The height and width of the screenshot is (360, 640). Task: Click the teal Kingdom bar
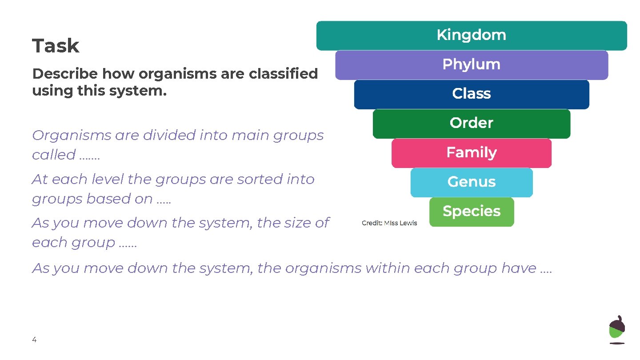(x=472, y=36)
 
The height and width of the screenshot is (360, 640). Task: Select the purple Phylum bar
(x=472, y=65)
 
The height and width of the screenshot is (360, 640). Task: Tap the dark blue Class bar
(x=472, y=94)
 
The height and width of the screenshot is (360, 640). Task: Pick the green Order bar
(x=472, y=124)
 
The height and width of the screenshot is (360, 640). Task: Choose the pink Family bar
(x=472, y=153)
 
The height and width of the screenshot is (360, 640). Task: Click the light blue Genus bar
(x=472, y=182)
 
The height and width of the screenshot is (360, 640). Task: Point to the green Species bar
(x=472, y=212)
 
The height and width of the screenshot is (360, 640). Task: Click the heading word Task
(x=56, y=46)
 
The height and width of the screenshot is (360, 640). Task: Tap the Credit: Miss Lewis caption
(x=389, y=223)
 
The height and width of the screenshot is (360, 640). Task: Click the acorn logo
(x=617, y=329)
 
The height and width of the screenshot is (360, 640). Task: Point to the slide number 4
(x=34, y=340)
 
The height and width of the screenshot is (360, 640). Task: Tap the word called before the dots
(x=53, y=155)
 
